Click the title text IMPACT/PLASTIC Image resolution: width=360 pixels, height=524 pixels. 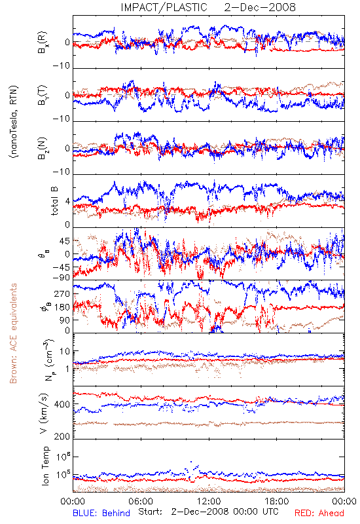pos(164,7)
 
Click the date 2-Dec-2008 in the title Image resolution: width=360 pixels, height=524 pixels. pos(260,7)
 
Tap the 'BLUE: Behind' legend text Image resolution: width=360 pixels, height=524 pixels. pos(101,513)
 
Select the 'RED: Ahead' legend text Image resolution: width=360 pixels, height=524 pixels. pos(319,513)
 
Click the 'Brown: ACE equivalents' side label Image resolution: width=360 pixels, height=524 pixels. pos(13,333)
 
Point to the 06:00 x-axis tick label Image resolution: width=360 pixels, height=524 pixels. pos(141,501)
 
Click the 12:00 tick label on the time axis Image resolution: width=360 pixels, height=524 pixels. pos(209,501)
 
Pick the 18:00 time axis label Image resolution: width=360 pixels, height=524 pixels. pos(277,501)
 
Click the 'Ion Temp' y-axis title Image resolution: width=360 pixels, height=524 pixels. pos(45,466)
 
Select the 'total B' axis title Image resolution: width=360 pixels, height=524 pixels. pos(54,201)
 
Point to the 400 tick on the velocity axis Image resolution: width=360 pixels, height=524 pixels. pos(62,404)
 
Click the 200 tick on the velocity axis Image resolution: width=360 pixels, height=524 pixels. pos(62,436)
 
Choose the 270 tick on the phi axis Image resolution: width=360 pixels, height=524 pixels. pos(63,293)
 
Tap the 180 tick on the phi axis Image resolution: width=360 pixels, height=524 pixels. pos(63,307)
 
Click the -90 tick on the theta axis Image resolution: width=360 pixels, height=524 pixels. pos(62,277)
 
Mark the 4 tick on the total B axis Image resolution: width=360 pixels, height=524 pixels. pos(68,202)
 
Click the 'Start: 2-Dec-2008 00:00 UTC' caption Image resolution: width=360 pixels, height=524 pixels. pos(208,512)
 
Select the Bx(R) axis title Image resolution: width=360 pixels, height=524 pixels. pos(43,43)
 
